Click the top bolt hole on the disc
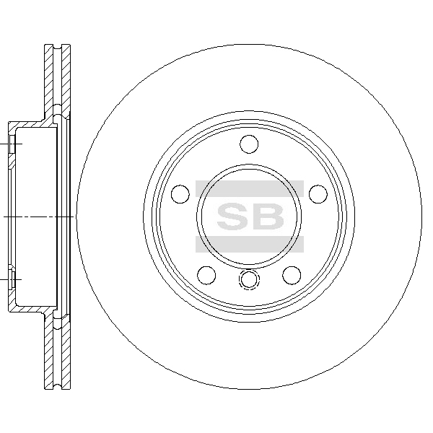click(x=249, y=144)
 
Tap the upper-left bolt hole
click(x=180, y=194)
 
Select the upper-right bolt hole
click(x=318, y=194)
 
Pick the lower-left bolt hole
click(x=206, y=276)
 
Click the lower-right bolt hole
click(x=292, y=276)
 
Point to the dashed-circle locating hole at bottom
click(x=249, y=279)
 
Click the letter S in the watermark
click(x=232, y=216)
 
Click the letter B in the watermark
click(x=267, y=216)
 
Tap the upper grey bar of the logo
click(x=250, y=188)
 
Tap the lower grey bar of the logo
click(x=250, y=245)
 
